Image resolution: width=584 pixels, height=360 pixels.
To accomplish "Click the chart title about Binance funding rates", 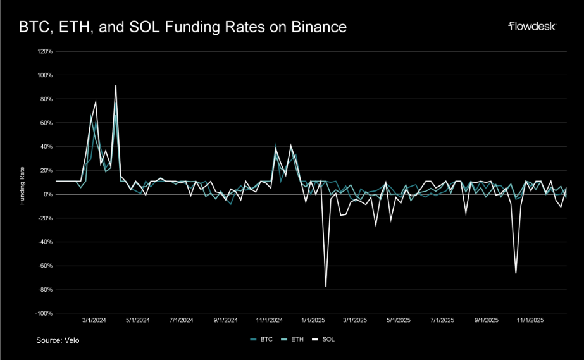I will click(x=182, y=27).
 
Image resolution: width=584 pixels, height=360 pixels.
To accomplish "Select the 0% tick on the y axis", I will click(x=47, y=194).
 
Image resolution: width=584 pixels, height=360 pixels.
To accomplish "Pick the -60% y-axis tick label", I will click(x=44, y=266).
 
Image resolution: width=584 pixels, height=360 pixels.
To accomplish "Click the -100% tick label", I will click(x=43, y=313).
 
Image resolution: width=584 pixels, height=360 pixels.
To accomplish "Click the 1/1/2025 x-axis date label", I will click(x=312, y=320).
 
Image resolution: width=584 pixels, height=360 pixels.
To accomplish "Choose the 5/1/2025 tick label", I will click(x=399, y=320).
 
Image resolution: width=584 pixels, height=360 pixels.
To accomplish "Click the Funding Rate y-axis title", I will click(x=22, y=182).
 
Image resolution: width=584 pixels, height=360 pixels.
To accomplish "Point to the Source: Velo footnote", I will click(x=58, y=340).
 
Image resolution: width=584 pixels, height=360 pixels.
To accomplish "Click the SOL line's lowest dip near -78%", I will click(x=326, y=286).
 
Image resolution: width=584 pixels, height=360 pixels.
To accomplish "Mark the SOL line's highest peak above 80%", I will click(x=115, y=86).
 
